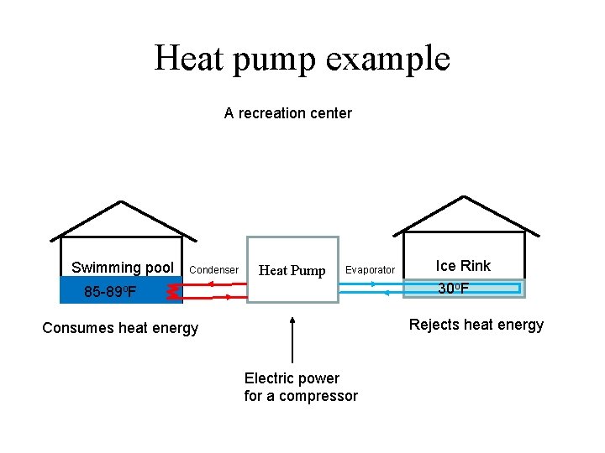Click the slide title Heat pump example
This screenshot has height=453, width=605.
point(302,59)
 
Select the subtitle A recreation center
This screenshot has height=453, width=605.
point(287,113)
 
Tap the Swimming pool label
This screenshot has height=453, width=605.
point(123,268)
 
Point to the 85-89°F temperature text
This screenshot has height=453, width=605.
point(110,293)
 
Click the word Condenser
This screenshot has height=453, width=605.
point(214,270)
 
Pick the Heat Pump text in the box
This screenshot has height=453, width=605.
point(292,270)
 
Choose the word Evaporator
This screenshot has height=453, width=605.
point(370,270)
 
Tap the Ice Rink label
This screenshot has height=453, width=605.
point(463,266)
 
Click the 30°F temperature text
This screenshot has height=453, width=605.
point(454,289)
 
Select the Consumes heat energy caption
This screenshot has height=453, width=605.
point(120,328)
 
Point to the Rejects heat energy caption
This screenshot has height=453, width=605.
point(476,325)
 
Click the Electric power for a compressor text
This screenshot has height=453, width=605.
point(301,388)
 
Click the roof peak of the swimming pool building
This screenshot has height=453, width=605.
point(122,201)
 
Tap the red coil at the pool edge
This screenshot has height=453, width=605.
point(172,291)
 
